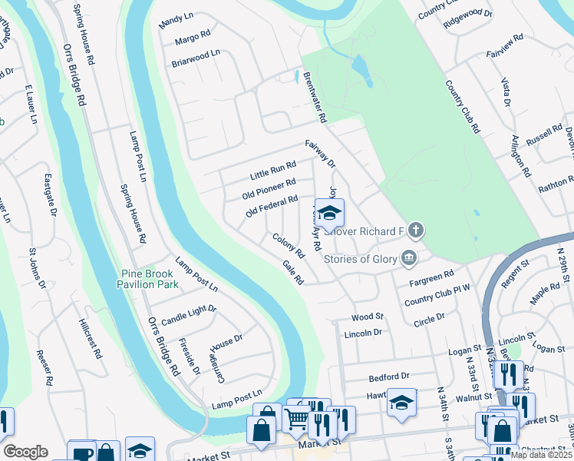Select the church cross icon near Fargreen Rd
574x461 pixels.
pos(416,230)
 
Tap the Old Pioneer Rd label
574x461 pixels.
pos(269,187)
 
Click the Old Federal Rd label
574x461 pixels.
pos(272,206)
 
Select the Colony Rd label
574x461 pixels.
pos(289,246)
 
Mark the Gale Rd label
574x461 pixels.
pos(293,272)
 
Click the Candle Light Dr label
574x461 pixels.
pos(189,314)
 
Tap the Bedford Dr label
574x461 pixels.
pos(389,377)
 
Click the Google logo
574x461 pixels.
pos(25,452)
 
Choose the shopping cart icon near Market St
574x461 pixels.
pos(295,420)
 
